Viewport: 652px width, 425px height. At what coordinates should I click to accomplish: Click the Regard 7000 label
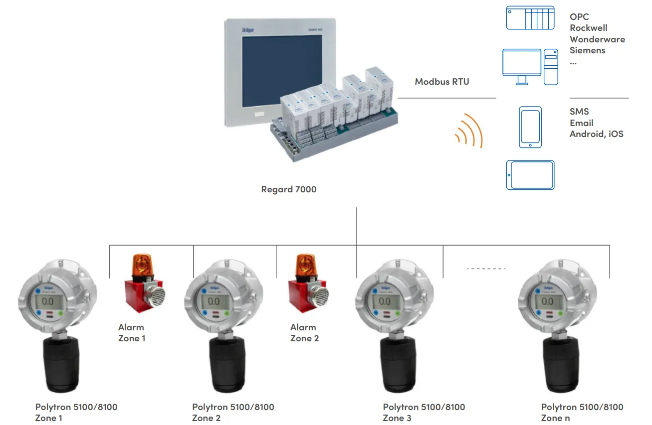(x=289, y=189)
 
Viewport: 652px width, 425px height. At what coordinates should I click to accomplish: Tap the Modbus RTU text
(x=442, y=82)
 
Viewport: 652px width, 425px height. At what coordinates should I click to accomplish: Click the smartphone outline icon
(x=530, y=127)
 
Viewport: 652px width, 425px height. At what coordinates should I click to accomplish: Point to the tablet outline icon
(x=530, y=175)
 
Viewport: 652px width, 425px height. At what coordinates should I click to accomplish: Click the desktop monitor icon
(x=522, y=65)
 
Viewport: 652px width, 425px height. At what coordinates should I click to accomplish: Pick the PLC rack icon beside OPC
(x=530, y=18)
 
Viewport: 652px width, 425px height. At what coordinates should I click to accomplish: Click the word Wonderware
(x=597, y=39)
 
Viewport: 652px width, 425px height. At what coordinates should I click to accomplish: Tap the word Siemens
(x=588, y=50)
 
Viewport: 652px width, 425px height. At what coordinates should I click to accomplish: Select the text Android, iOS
(x=597, y=134)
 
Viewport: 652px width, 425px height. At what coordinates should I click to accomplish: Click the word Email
(x=582, y=123)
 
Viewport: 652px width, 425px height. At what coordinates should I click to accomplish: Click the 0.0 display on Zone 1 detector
(x=48, y=301)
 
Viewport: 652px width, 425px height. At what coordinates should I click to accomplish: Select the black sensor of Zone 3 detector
(x=398, y=364)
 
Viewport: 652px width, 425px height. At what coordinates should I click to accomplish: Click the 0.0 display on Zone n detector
(x=547, y=301)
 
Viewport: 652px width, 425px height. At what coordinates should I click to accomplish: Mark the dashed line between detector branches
(x=486, y=269)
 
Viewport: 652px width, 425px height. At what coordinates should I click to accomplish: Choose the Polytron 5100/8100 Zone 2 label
(x=233, y=413)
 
